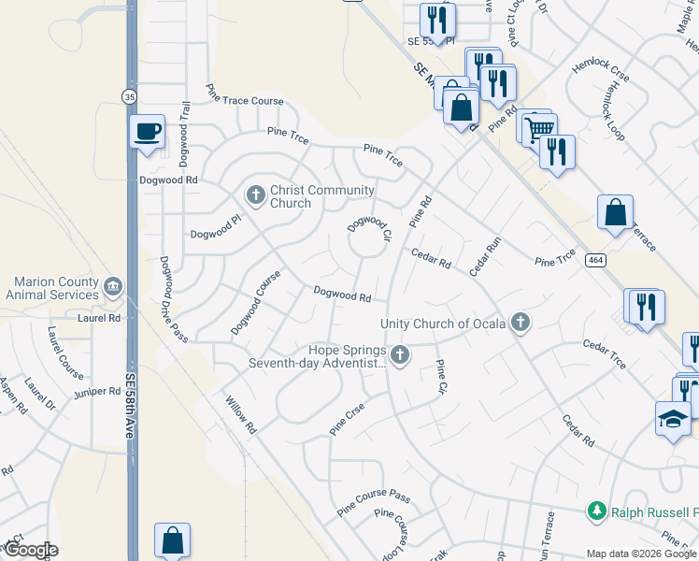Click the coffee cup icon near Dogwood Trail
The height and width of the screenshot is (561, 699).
coord(147,131)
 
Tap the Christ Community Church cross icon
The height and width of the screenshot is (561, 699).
coord(255,195)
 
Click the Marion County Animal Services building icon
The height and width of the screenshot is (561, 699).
coord(114,285)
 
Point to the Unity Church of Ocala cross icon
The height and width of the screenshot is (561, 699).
coord(521,324)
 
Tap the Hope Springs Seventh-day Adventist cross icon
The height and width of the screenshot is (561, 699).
coord(400,354)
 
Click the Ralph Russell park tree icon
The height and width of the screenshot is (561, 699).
coord(596,511)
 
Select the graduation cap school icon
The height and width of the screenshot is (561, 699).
coord(673,420)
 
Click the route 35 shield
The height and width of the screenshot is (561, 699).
coord(130,95)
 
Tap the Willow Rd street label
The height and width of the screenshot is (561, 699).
coord(240,415)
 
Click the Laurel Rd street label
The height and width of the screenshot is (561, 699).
coord(101,319)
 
